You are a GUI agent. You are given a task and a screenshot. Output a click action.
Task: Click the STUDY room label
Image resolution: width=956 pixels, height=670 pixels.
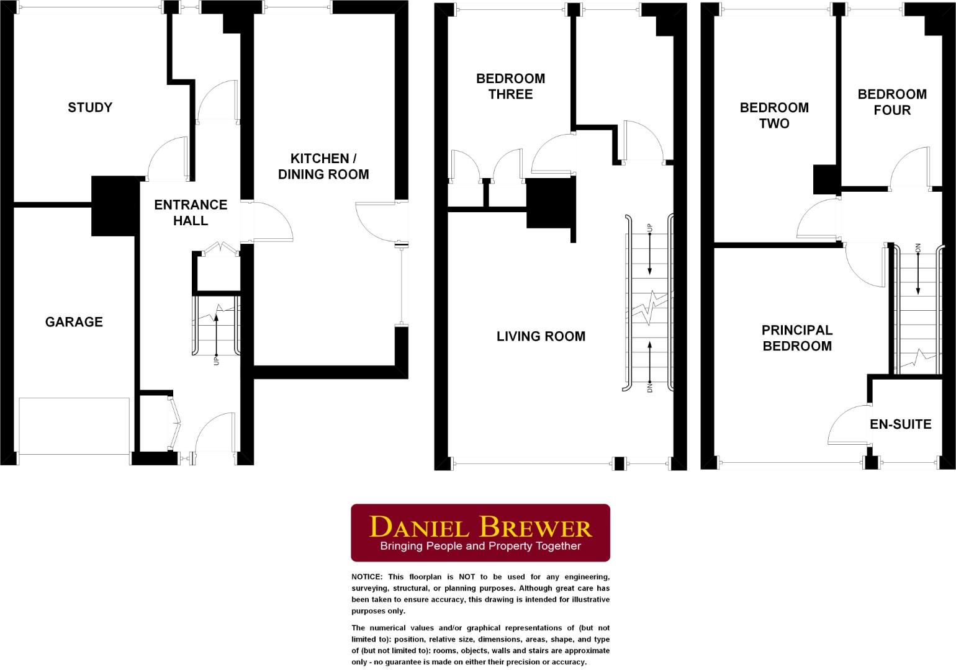point(90,107)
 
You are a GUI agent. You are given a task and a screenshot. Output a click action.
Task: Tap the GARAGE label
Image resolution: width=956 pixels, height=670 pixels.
point(74,321)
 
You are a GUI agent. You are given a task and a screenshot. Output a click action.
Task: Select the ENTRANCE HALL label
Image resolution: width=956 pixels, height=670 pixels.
point(191,212)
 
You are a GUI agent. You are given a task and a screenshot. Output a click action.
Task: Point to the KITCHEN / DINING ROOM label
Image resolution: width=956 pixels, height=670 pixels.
point(323,166)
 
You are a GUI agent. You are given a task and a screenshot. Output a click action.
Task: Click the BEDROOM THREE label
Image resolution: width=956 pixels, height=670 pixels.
point(510,86)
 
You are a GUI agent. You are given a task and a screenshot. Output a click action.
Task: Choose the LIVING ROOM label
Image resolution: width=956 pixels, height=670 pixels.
point(541,336)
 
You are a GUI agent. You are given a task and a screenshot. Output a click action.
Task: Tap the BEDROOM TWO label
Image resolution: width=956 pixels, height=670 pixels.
point(774,115)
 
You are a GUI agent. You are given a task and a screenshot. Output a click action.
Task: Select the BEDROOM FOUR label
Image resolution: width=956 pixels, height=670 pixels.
point(892,102)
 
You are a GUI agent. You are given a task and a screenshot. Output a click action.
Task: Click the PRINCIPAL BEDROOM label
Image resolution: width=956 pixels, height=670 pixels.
point(797,338)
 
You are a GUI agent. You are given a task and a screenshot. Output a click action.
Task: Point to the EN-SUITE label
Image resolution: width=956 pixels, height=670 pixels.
point(900,424)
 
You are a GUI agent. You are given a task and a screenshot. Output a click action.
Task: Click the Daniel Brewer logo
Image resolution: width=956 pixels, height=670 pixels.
point(480,532)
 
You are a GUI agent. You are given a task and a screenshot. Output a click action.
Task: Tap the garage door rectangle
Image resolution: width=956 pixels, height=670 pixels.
point(74,426)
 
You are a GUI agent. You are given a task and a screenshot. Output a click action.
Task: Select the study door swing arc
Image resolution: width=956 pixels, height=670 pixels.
point(166,155)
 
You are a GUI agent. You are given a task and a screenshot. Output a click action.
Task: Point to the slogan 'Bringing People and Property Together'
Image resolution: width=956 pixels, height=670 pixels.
point(480,547)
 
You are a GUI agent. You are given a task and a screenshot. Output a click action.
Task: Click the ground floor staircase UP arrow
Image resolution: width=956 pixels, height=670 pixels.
point(217,335)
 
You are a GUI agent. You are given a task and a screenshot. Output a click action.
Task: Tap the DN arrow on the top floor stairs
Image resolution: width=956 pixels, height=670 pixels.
point(918,270)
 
